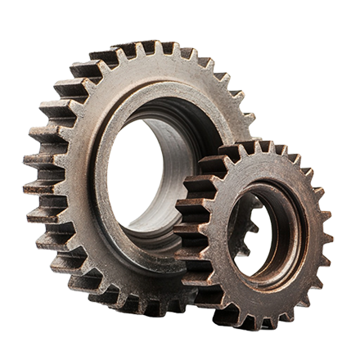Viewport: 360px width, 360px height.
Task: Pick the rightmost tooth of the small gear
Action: click(327, 237)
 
